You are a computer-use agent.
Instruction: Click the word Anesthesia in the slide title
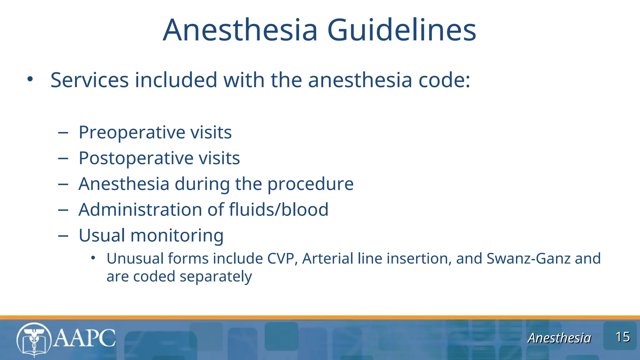pyautogui.click(x=240, y=30)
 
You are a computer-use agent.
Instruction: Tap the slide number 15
pyautogui.click(x=622, y=337)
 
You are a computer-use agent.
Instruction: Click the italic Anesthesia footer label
pyautogui.click(x=559, y=338)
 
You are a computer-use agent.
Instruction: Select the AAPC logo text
pyautogui.click(x=84, y=338)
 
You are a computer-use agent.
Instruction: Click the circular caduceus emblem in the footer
pyautogui.click(x=34, y=340)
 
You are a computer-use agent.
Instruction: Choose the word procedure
pyautogui.click(x=310, y=184)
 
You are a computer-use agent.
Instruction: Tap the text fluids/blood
pyautogui.click(x=278, y=209)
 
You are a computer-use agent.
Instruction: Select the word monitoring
pyautogui.click(x=177, y=235)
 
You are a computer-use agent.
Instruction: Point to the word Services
pyautogui.click(x=90, y=80)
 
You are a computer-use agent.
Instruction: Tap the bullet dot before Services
pyautogui.click(x=30, y=79)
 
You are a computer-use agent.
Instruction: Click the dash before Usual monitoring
pyautogui.click(x=63, y=236)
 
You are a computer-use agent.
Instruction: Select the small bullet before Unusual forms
pyautogui.click(x=93, y=258)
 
